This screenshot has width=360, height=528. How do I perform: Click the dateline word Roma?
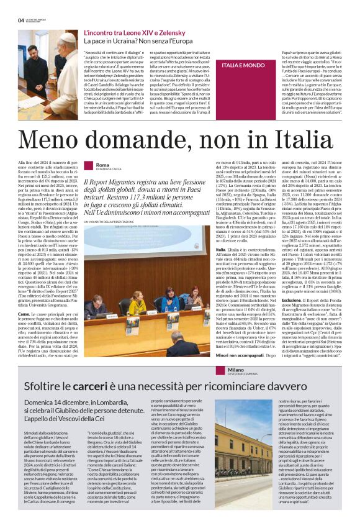click(x=102, y=164)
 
